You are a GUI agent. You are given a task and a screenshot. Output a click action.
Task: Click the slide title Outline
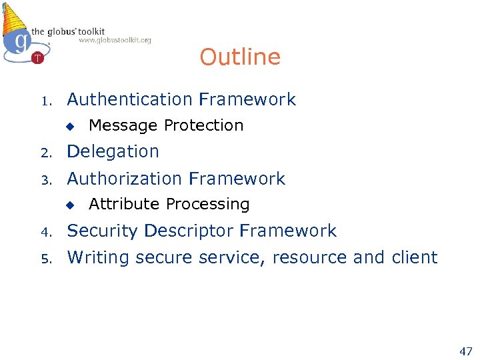tap(240, 57)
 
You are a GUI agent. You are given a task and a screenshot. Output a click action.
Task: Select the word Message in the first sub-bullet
tap(123, 125)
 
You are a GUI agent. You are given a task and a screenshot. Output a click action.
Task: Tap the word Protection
tap(204, 125)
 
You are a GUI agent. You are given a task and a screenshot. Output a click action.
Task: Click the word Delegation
tap(113, 152)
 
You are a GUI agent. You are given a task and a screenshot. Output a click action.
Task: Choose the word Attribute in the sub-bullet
tap(125, 204)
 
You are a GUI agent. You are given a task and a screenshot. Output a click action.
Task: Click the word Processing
tap(208, 204)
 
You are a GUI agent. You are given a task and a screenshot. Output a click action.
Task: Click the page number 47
tap(466, 351)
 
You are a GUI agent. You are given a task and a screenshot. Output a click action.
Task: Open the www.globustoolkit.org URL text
tap(115, 40)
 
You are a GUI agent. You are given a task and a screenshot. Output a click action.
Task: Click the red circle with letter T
tap(37, 58)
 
